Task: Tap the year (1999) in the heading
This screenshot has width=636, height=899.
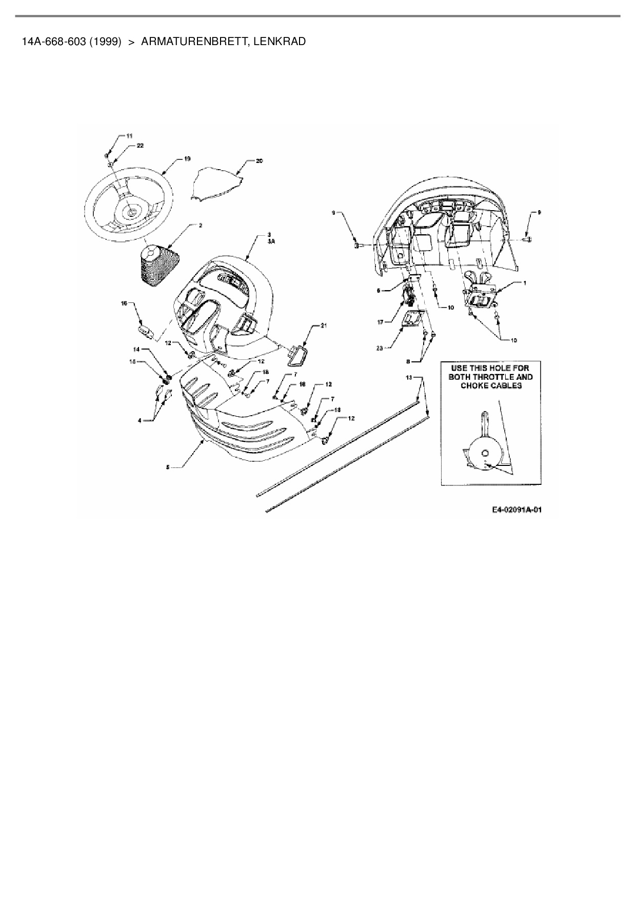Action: pos(105,42)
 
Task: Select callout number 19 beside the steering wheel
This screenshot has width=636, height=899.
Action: pos(187,159)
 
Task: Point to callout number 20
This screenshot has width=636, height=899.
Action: pos(260,161)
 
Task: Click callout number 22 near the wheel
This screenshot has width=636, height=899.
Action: pos(140,146)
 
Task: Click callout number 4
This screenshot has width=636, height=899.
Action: pos(140,421)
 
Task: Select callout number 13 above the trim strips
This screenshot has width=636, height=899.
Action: pos(408,377)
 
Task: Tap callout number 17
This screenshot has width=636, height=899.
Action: pos(380,322)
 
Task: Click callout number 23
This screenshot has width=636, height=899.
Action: pos(380,348)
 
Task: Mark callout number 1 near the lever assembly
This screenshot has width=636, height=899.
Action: pos(524,282)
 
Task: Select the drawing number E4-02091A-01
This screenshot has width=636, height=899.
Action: pos(516,509)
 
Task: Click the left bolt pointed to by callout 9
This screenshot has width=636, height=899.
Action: pos(358,246)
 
